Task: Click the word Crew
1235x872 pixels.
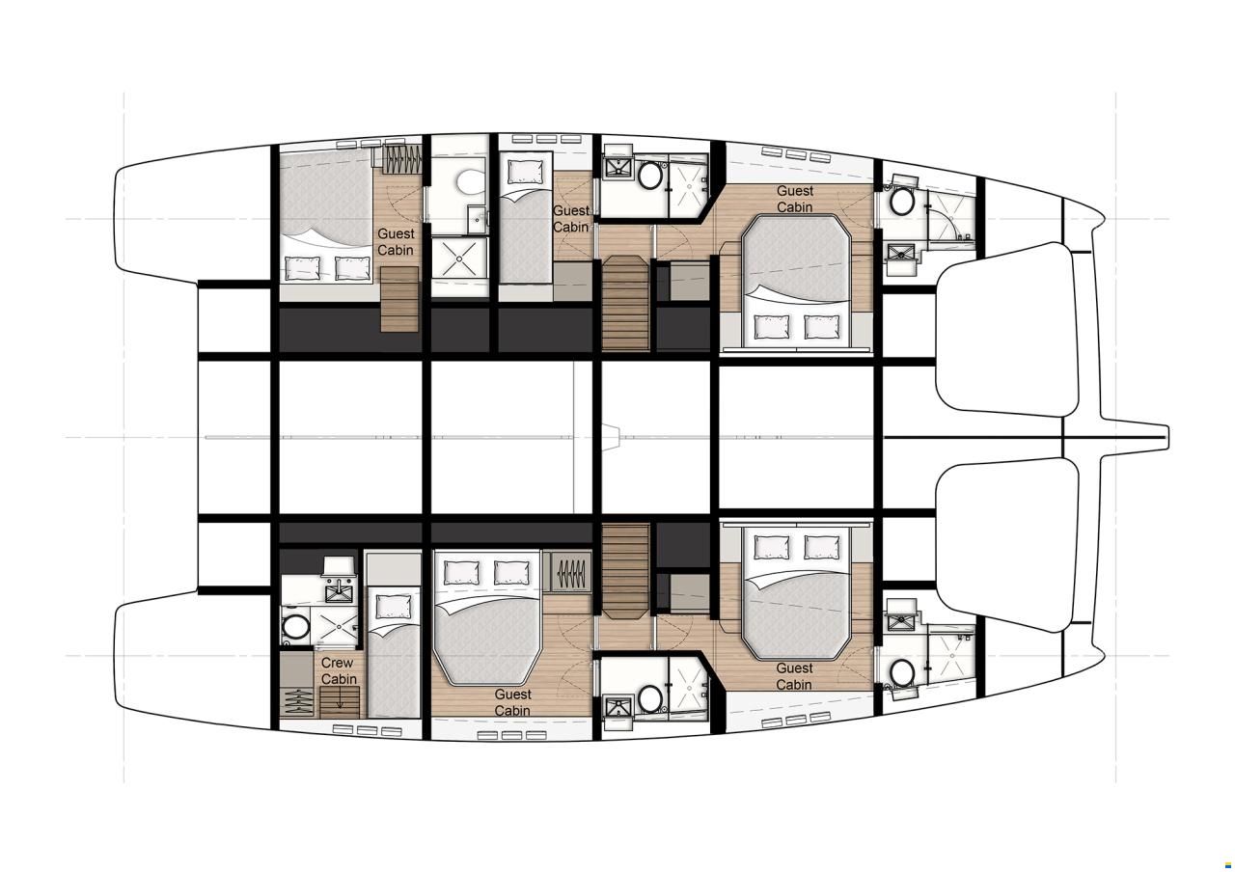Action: pyautogui.click(x=337, y=663)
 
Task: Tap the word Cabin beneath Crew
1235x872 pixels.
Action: pyautogui.click(x=339, y=679)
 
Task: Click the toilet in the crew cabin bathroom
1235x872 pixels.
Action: pyautogui.click(x=293, y=627)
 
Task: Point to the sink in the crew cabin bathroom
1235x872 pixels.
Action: pyautogui.click(x=341, y=591)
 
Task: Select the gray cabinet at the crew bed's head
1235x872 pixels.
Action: pyautogui.click(x=394, y=570)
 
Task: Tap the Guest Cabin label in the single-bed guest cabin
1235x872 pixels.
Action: pyautogui.click(x=571, y=219)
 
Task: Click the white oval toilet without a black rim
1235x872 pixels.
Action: pyautogui.click(x=469, y=181)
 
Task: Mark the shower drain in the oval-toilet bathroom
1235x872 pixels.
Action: pyautogui.click(x=459, y=260)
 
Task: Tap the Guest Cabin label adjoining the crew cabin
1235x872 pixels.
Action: pyautogui.click(x=512, y=702)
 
